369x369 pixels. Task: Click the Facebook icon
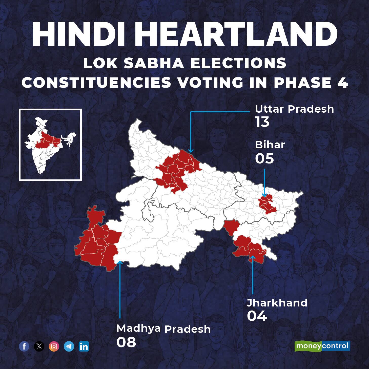[x=24, y=346]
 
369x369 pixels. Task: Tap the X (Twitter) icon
[x=39, y=346]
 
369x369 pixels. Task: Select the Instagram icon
[x=54, y=346]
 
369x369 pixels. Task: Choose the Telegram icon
[x=69, y=346]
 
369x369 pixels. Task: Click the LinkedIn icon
[x=84, y=346]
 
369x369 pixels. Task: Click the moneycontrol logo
[x=322, y=346]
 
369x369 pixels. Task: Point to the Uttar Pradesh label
[x=294, y=109]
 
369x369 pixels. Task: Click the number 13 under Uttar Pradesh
[x=262, y=122]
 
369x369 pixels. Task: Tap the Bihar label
[x=270, y=145]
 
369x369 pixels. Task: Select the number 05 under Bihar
[x=264, y=159]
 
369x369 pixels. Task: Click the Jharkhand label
[x=277, y=303]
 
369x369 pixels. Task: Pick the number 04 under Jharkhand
[x=257, y=316]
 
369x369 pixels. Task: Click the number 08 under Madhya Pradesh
[x=126, y=342]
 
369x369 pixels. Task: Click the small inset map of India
[x=50, y=145]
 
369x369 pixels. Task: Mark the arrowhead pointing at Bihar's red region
[x=265, y=195]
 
